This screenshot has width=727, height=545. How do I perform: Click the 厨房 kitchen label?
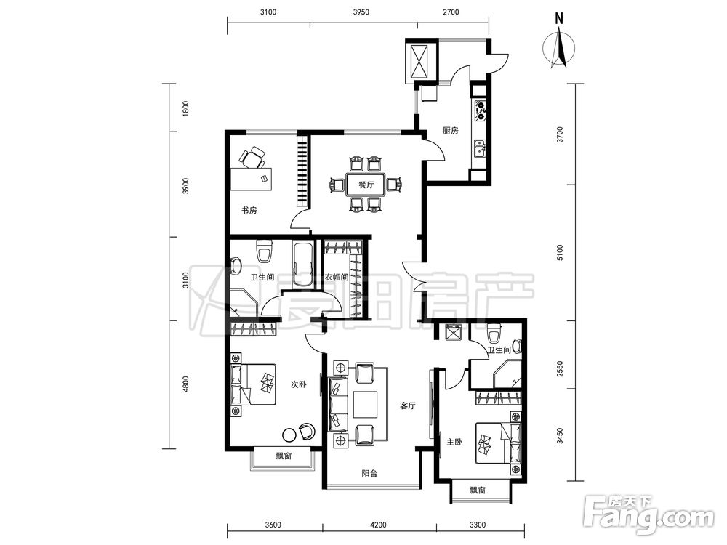[450, 131]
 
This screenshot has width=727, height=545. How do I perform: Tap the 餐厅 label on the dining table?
[366, 185]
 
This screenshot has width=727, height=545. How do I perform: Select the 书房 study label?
[249, 211]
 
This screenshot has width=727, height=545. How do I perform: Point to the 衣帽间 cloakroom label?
[336, 277]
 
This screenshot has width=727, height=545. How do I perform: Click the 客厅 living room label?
[408, 406]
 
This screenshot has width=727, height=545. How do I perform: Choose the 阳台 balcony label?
[369, 474]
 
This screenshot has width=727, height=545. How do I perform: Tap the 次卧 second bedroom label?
[298, 384]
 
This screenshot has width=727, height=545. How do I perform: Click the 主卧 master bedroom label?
[454, 442]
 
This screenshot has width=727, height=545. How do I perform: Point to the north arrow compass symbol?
[559, 47]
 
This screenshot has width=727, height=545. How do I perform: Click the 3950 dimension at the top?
[361, 12]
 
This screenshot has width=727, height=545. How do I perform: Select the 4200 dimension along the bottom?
[378, 525]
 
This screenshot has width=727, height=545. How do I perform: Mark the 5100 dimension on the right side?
[560, 253]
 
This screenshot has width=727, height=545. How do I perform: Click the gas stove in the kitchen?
[480, 110]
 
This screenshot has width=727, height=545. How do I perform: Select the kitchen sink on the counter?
[479, 149]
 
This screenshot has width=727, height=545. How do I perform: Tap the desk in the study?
[252, 179]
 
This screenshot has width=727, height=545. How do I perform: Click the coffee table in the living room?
[366, 405]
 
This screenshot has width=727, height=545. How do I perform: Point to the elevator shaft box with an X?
[421, 61]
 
